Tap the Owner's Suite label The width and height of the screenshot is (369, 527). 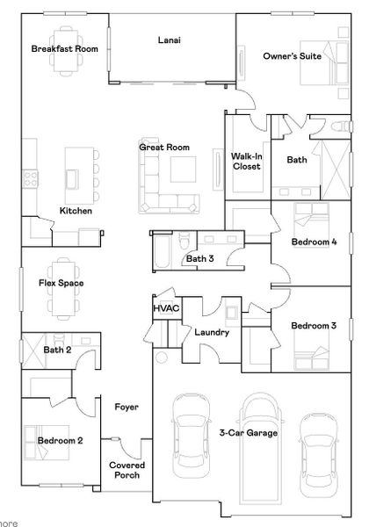click(x=293, y=56)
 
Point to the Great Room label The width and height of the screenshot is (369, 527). click(x=164, y=148)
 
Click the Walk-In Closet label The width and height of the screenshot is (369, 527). click(x=247, y=162)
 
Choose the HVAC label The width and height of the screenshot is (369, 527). click(x=166, y=309)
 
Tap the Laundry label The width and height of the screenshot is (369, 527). click(x=212, y=333)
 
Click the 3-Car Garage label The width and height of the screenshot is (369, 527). click(x=249, y=433)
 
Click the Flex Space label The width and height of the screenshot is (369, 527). click(x=60, y=284)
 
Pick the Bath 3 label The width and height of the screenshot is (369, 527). click(x=199, y=258)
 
